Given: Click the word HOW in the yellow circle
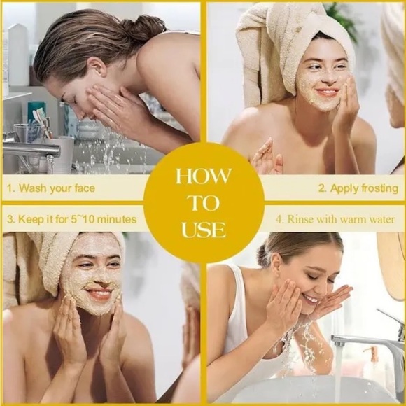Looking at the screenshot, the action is click(x=202, y=176).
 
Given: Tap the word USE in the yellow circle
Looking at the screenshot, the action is click(x=204, y=230).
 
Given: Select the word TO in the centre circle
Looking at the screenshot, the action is click(x=204, y=203).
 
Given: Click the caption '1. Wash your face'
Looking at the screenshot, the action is click(x=50, y=188).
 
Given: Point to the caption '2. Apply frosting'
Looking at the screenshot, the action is click(x=358, y=188).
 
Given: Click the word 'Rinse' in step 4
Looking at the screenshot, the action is click(x=300, y=220).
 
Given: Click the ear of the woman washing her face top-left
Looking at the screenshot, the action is click(x=97, y=66).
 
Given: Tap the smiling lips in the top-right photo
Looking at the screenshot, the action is click(x=328, y=92).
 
